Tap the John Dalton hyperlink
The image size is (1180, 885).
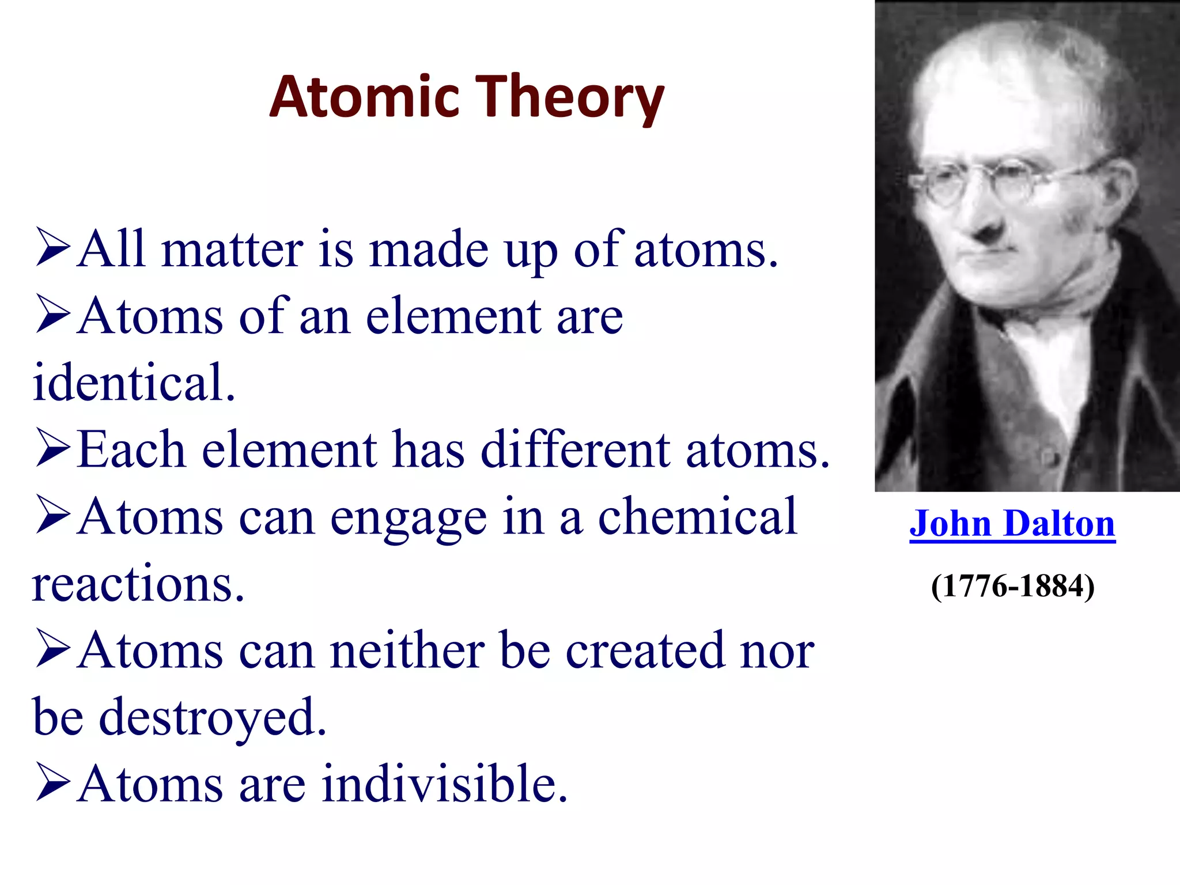[1012, 524]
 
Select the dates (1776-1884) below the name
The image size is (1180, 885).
[1012, 587]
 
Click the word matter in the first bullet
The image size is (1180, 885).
[232, 250]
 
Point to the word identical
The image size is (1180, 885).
[134, 383]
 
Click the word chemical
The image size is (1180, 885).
[697, 517]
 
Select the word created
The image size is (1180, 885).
[645, 651]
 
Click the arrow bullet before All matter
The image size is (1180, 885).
[52, 247]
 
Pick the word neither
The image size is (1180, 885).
[407, 651]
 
